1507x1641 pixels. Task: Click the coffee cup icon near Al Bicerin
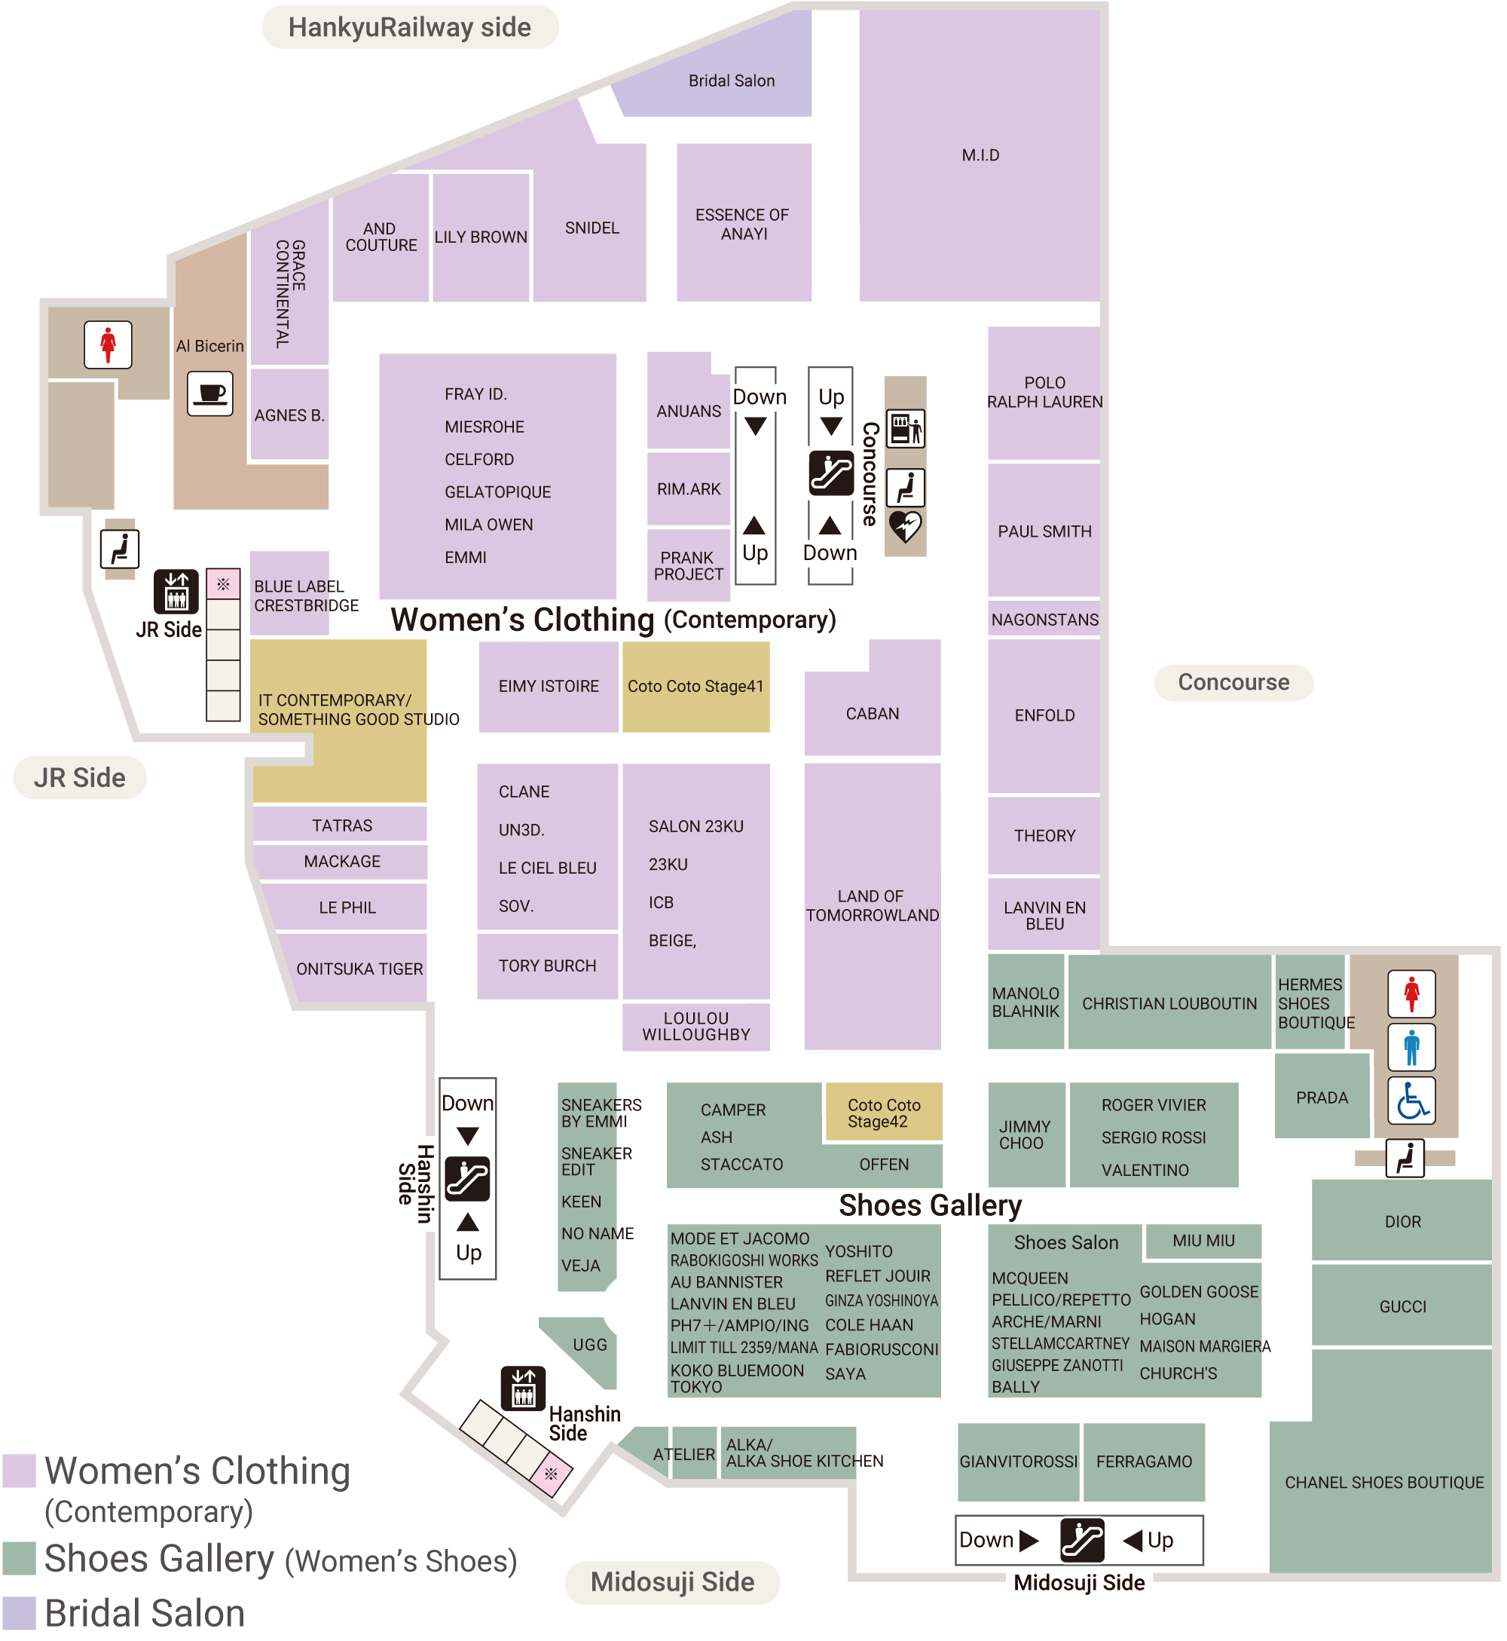point(210,394)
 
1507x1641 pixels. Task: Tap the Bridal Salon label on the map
point(732,81)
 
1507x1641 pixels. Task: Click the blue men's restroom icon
point(1412,1047)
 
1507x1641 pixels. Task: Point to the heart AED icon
point(905,527)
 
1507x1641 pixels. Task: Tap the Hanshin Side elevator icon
point(524,1388)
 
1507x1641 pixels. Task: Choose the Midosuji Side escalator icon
point(1082,1541)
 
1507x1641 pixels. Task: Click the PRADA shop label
point(1322,1098)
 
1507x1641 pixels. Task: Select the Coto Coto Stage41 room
point(695,687)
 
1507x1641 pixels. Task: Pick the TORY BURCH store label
point(547,966)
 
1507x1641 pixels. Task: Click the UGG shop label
point(589,1345)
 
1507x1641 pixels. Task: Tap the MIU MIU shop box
point(1203,1241)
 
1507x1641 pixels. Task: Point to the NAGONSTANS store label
point(1044,620)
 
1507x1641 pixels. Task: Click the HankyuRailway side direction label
point(409,28)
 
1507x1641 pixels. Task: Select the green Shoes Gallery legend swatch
point(19,1559)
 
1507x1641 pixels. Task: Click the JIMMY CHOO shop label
point(1025,1134)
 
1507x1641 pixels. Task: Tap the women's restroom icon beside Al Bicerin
point(108,344)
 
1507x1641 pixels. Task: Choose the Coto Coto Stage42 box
point(884,1113)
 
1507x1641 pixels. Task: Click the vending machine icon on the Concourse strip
point(905,429)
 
